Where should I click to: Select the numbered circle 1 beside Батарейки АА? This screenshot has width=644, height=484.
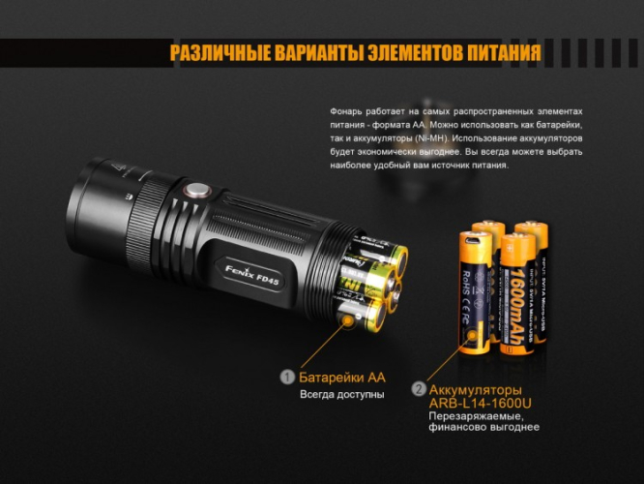[x=286, y=377]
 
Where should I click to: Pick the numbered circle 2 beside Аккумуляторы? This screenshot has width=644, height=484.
[x=418, y=389]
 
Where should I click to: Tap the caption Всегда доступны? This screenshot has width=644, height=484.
[x=341, y=395]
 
